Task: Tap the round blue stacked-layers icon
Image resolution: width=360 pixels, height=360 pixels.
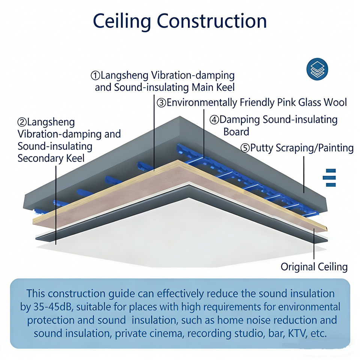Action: [317, 69]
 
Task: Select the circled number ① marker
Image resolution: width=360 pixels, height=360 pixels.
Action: [95, 75]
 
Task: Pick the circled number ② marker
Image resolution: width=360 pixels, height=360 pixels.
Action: [22, 122]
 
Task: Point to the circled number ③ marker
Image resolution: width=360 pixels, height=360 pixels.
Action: [162, 102]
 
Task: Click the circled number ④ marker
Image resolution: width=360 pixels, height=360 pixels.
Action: [214, 120]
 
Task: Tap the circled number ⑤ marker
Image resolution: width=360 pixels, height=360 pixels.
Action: [245, 148]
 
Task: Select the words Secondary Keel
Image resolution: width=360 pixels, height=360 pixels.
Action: [51, 158]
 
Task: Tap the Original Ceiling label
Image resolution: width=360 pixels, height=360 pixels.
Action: [314, 267]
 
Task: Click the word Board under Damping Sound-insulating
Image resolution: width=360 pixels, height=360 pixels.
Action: [236, 132]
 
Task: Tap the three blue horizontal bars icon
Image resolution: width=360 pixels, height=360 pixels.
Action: [329, 178]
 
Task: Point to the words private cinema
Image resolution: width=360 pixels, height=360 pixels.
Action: [142, 333]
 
